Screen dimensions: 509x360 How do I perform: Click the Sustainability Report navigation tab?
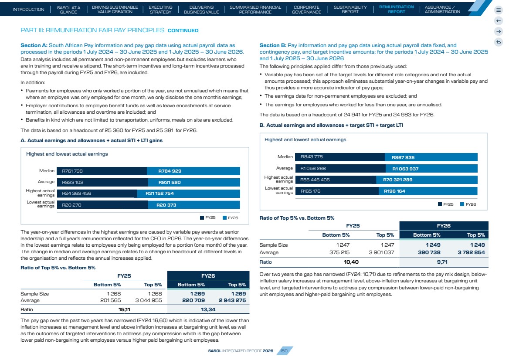pos(350,10)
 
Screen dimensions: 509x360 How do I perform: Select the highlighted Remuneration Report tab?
pos(397,9)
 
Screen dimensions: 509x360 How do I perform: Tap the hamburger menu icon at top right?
pos(499,10)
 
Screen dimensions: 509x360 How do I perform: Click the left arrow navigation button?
pos(499,21)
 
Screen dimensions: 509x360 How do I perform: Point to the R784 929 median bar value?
pos(170,171)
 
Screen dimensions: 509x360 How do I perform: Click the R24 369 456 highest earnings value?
pos(77,193)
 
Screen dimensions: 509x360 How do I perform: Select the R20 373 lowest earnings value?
pos(166,205)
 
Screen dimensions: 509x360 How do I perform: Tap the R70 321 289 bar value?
pos(397,180)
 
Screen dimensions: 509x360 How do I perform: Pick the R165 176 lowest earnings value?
pos(310,191)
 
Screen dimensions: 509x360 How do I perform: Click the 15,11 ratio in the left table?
pos(124,309)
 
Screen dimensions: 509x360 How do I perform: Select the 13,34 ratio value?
pos(208,309)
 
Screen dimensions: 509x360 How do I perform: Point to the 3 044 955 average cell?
pos(148,300)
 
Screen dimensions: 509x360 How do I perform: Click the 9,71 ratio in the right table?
pos(442,262)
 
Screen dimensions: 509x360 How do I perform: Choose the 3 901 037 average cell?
pos(381,252)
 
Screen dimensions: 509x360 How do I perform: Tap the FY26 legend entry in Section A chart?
pos(230,218)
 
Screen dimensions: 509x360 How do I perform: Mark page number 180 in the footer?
pos(284,350)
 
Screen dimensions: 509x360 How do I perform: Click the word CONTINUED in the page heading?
pos(183,31)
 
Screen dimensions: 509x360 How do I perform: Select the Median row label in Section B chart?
pos(285,157)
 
